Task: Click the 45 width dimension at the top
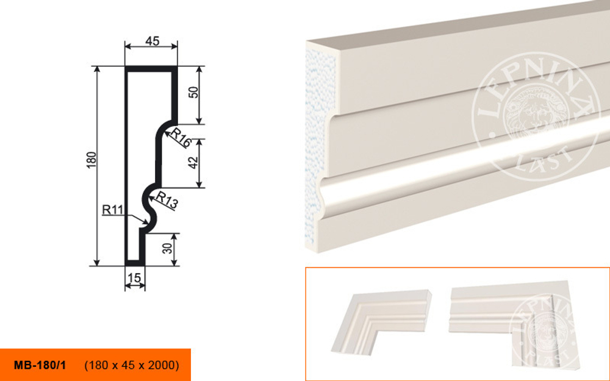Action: pos(152,41)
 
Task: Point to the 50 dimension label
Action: pos(194,92)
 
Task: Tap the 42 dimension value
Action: pos(194,162)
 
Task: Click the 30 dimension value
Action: pos(167,248)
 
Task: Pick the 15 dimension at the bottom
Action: pos(134,278)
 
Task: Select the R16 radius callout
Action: pos(181,137)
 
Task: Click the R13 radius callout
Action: pos(167,199)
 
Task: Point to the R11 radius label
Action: pos(112,210)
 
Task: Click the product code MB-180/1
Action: pos(40,365)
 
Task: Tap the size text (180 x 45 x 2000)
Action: pos(132,365)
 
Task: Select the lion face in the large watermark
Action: pos(536,116)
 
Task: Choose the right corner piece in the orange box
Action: pos(514,324)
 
